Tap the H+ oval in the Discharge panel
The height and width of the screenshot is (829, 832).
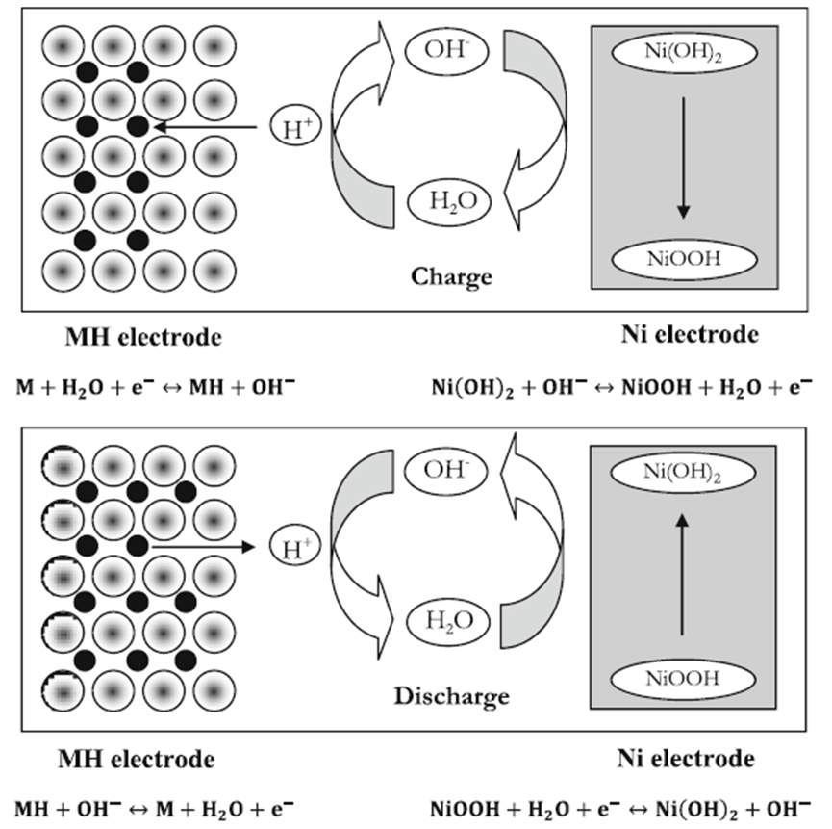click(x=292, y=547)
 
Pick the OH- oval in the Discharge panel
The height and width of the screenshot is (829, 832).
click(x=443, y=471)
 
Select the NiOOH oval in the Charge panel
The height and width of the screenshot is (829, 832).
click(x=683, y=258)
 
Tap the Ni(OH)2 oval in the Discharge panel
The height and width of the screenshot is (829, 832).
click(x=682, y=472)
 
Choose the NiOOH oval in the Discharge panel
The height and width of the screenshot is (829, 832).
click(x=682, y=678)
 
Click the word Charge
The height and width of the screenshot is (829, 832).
click(x=452, y=277)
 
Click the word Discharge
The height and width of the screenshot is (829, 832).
click(x=451, y=695)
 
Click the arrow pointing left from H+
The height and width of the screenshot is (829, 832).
click(x=206, y=126)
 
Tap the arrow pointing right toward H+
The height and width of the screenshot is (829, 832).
click(x=202, y=547)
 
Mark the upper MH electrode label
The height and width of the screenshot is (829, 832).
click(x=143, y=337)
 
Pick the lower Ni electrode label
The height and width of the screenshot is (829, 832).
click(x=685, y=759)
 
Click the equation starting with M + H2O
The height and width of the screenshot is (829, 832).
click(x=155, y=388)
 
